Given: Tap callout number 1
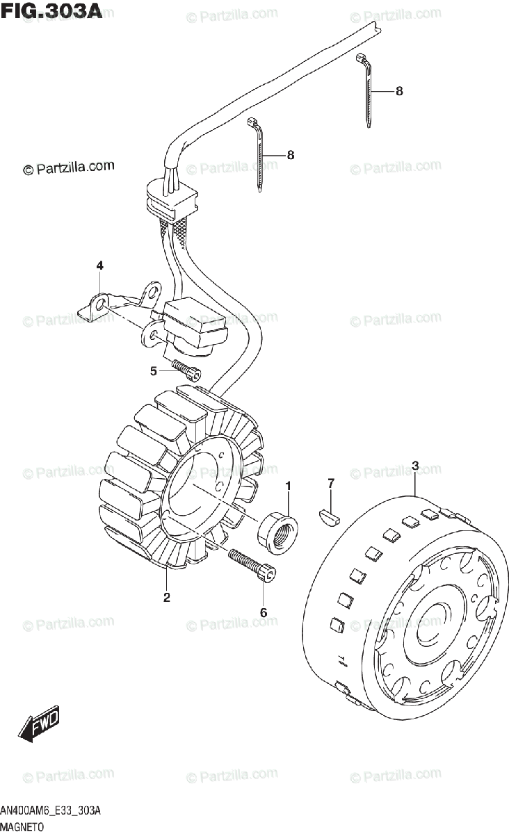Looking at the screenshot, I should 288,485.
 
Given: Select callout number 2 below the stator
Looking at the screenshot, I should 167,597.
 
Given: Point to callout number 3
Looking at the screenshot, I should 414,466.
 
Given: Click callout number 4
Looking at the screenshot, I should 99,265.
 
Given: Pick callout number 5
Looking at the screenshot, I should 154,371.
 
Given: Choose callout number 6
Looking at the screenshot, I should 264,612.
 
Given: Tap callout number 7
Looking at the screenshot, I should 332,482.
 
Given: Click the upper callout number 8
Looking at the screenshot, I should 399,91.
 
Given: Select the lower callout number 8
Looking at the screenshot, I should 290,155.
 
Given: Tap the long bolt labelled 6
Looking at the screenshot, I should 252,564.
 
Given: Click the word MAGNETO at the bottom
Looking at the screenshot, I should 23,827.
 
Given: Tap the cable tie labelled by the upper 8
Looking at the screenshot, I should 367,90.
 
